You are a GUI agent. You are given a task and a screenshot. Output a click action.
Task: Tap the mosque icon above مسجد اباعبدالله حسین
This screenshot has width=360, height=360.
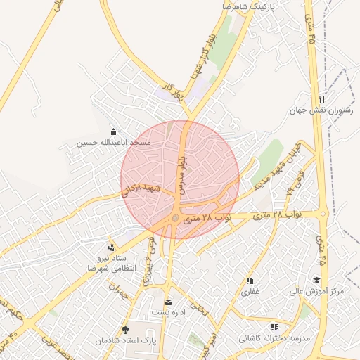114,131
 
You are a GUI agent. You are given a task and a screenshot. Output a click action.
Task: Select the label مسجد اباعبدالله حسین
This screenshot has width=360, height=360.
114,143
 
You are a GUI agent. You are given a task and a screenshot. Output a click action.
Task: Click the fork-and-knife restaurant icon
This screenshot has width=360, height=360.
321,99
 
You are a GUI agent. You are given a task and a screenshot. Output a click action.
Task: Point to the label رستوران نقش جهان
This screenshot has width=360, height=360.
321,110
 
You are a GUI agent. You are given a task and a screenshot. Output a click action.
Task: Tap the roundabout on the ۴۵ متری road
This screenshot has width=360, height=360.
323,213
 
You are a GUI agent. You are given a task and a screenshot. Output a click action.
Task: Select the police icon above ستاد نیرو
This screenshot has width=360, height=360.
111,247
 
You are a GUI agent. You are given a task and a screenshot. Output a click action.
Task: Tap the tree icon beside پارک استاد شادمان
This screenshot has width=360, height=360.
126,330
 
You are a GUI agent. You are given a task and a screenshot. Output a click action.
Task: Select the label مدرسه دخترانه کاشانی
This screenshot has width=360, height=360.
274,338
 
